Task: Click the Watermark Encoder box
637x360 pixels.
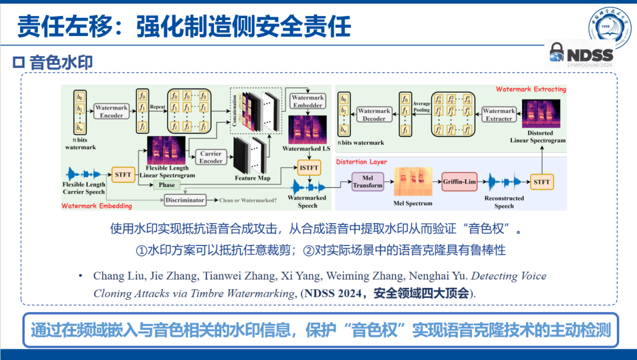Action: click(111, 112)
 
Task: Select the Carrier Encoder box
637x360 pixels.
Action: click(211, 157)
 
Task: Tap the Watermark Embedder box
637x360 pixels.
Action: click(307, 102)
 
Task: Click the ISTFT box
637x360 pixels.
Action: click(308, 168)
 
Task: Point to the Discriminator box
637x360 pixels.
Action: click(185, 200)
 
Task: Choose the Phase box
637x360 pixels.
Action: click(167, 185)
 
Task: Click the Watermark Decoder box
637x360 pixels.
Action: click(374, 114)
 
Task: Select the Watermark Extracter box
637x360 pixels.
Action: click(498, 114)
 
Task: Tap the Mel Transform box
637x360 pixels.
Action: click(367, 181)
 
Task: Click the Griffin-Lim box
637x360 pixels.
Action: click(459, 182)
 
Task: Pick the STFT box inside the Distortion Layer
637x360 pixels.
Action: click(541, 182)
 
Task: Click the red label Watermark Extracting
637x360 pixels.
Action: click(530, 90)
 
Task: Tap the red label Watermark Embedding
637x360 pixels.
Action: click(97, 206)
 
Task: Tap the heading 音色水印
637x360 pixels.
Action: click(61, 62)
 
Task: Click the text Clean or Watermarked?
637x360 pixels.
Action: click(248, 201)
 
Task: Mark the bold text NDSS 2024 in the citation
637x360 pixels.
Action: click(330, 293)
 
